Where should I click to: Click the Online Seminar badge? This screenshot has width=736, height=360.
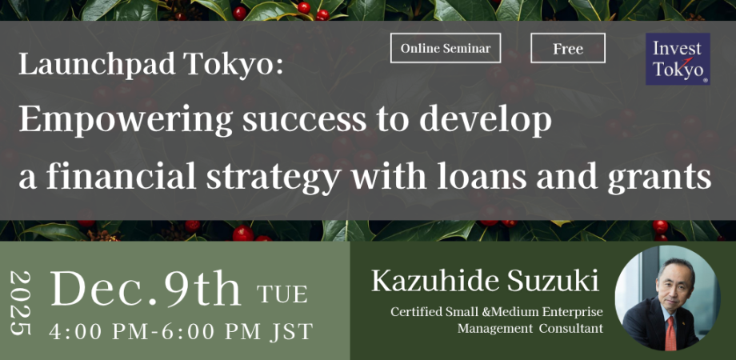[445, 48]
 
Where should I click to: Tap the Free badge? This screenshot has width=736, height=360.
[567, 48]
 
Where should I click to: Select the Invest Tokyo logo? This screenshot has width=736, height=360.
[678, 58]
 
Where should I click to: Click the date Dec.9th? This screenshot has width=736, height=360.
[145, 290]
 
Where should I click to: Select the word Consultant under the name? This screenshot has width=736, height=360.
[570, 328]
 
